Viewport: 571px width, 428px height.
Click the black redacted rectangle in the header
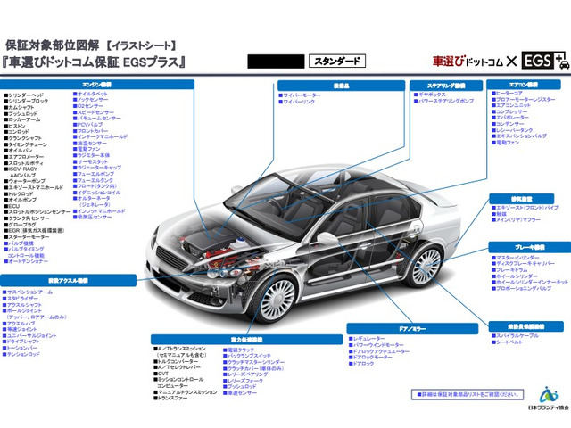pyautogui.click(x=274, y=62)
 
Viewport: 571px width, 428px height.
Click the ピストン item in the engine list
pyautogui.click(x=18, y=126)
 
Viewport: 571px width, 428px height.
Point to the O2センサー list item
pyautogui.click(x=94, y=105)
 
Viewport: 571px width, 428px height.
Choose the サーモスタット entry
pyautogui.click(x=93, y=161)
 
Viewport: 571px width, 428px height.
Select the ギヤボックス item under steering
pyautogui.click(x=434, y=94)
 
